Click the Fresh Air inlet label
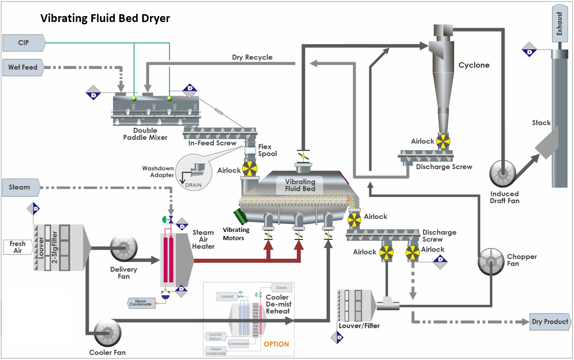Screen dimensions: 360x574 tap(17, 247)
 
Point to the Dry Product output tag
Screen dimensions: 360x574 tap(550, 321)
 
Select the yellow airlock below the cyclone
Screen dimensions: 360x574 tap(443, 141)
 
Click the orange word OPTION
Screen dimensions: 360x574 tap(276, 344)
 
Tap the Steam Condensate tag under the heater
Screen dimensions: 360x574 tap(140, 303)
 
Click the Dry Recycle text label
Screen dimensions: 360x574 tap(252, 57)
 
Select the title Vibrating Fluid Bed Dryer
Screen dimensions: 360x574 tap(105, 18)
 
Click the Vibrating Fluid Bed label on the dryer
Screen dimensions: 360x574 tap(300, 185)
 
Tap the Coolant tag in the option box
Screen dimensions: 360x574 tap(228, 297)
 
